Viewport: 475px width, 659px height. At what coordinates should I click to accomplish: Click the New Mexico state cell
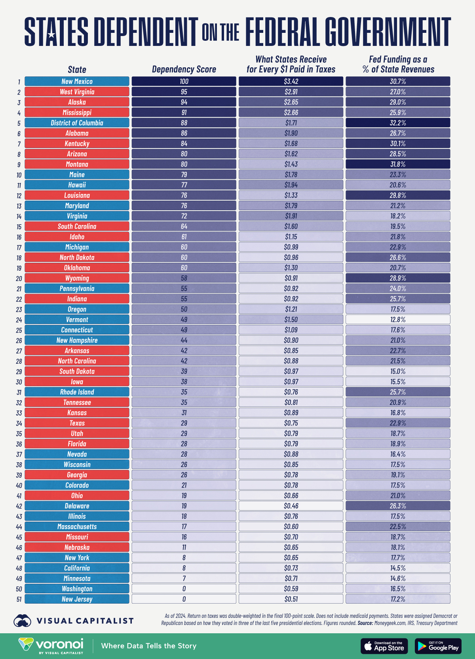coord(77,81)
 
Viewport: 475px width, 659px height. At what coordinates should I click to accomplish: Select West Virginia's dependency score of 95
coord(184,92)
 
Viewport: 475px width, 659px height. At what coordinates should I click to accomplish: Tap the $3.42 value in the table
coord(291,81)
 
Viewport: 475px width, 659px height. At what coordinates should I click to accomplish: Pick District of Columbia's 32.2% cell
coord(398,123)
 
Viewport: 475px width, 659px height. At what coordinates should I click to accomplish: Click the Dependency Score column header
coord(184,69)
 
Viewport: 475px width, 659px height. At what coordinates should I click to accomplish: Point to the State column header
coord(77,70)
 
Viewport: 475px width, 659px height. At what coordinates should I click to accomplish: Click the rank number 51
coord(19,599)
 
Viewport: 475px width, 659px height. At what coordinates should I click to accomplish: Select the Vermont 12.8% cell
coord(398,319)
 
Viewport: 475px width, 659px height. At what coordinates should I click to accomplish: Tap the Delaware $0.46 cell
coord(291,506)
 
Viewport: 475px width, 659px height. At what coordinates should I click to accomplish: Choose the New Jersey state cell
coord(77,599)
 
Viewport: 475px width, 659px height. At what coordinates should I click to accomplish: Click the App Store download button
coord(384,646)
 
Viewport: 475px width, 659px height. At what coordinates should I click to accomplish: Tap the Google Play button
coord(438,646)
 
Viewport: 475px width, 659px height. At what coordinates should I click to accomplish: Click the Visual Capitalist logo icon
coord(22,621)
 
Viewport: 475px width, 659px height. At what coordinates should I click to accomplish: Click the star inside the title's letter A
coord(51,35)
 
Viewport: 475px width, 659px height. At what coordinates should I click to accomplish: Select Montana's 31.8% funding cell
coord(398,164)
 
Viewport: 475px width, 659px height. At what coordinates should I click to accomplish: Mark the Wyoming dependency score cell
coord(184,278)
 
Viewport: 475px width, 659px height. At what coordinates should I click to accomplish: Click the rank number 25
coord(19,330)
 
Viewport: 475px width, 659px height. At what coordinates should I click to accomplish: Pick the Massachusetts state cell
coord(77,526)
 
